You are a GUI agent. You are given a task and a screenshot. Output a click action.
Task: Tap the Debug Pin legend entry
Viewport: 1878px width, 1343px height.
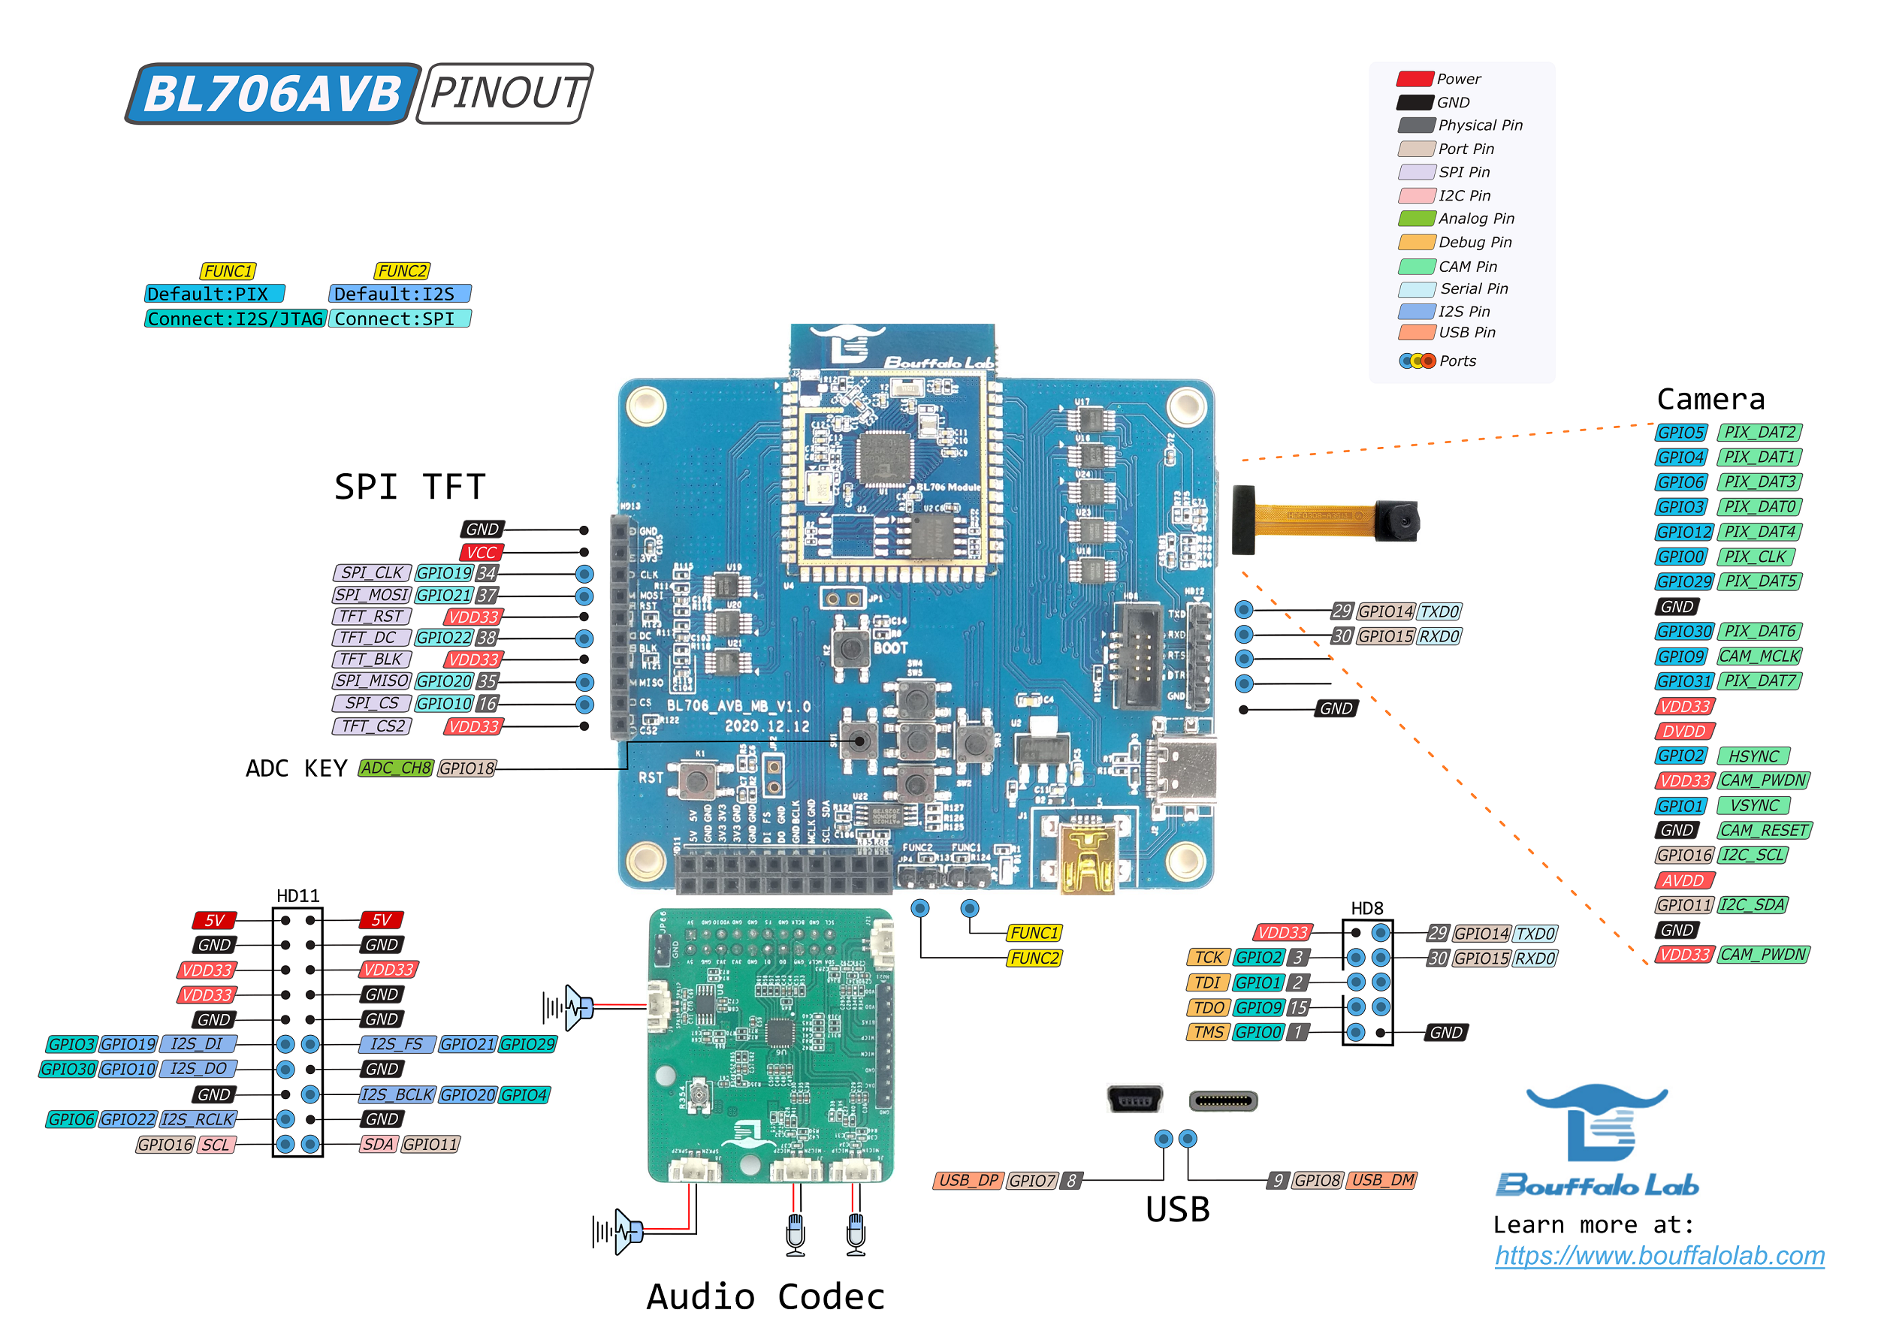coord(1455,243)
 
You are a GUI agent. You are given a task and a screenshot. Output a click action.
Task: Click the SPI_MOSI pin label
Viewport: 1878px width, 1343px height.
coord(371,595)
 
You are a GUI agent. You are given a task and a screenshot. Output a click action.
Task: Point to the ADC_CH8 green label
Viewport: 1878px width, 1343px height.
coord(395,768)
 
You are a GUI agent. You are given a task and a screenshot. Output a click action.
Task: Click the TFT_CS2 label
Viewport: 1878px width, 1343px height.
coord(372,726)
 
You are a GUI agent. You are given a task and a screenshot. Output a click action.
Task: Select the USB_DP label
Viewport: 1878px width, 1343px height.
coord(967,1180)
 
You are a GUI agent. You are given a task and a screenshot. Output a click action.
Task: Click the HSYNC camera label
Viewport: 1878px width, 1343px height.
coord(1753,756)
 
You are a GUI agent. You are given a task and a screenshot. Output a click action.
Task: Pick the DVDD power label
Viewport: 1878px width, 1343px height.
coord(1683,731)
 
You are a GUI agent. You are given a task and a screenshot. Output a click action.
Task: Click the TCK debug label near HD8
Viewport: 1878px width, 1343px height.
coord(1207,957)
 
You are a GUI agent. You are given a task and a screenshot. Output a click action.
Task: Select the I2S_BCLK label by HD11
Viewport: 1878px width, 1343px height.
coord(397,1094)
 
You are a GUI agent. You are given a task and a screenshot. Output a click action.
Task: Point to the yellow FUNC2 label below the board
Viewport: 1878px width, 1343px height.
coord(1033,958)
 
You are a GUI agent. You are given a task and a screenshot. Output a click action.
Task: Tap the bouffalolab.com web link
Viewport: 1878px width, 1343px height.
coord(1658,1255)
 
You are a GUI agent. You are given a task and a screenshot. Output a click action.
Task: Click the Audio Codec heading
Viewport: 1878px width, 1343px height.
coord(765,1296)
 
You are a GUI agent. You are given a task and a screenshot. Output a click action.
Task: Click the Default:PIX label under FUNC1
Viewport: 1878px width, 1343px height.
coord(213,294)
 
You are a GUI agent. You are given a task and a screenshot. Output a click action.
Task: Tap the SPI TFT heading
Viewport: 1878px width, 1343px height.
coord(409,486)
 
